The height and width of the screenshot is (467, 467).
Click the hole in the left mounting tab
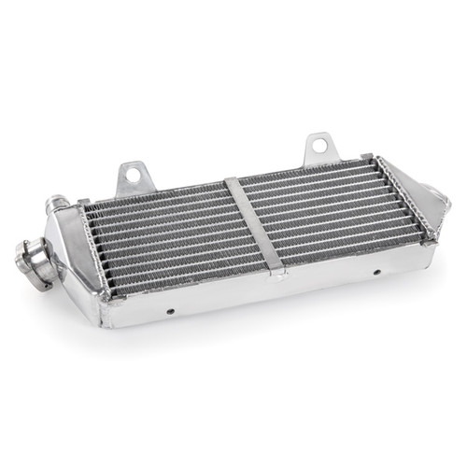tap(133, 172)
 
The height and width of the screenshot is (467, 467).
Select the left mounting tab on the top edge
tap(133, 177)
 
